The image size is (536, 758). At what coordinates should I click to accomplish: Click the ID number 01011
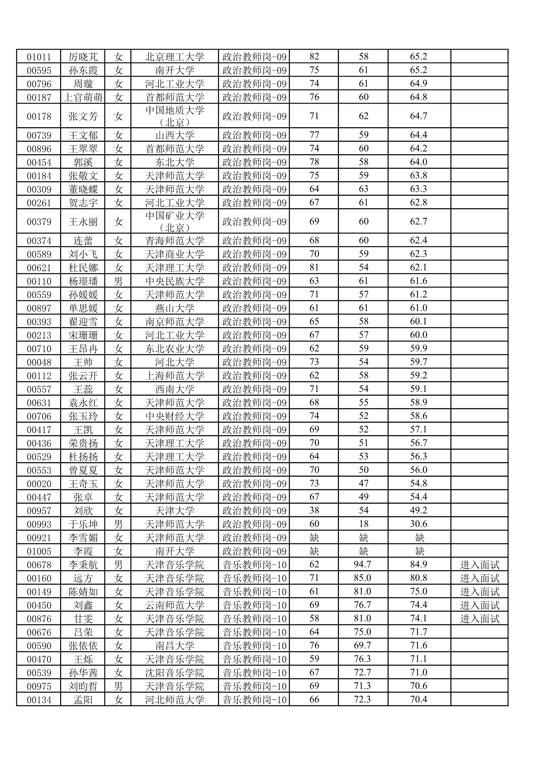[x=39, y=57]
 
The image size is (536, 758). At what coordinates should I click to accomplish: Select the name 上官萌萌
[x=83, y=97]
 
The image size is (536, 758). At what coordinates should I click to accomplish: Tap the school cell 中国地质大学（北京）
[x=175, y=116]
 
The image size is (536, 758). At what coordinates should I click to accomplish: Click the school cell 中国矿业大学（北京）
[x=175, y=221]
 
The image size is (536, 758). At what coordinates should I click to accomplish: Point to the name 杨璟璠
[x=83, y=281]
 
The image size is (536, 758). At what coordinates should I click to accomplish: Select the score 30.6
[x=419, y=524]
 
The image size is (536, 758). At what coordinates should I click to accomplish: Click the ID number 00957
[x=39, y=510]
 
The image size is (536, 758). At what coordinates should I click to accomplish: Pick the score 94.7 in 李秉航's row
[x=363, y=564]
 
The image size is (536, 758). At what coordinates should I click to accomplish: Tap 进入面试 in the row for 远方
[x=479, y=578]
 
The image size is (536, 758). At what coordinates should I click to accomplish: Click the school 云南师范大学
[x=175, y=605]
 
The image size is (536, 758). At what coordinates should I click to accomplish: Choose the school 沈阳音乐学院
[x=175, y=673]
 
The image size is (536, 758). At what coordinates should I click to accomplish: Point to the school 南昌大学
[x=175, y=646]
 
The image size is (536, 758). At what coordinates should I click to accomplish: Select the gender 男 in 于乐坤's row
[x=118, y=524]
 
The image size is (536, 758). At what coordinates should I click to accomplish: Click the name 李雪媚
[x=83, y=538]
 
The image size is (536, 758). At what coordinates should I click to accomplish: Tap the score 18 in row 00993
[x=364, y=524]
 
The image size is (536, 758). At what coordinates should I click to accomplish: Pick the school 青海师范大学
[x=175, y=241]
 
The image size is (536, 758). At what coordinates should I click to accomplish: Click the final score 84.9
[x=419, y=564]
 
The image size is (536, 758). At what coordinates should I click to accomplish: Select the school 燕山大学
[x=175, y=308]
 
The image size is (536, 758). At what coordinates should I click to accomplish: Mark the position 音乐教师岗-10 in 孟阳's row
[x=254, y=700]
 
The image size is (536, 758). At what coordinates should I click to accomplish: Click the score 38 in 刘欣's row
[x=314, y=510]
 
